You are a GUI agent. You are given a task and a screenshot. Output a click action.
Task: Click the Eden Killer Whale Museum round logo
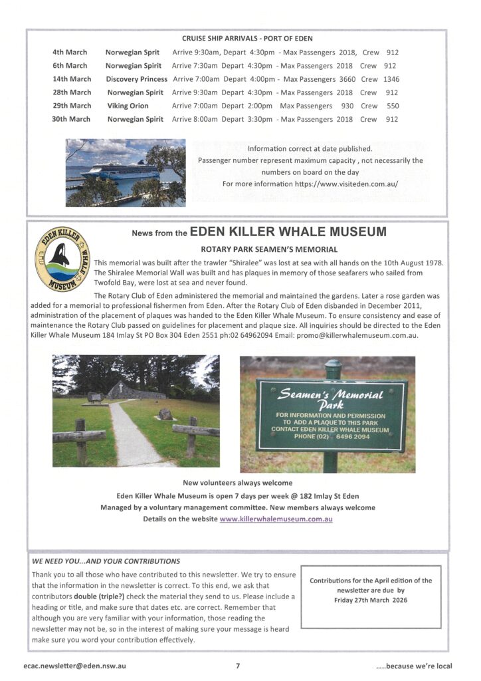[62, 261]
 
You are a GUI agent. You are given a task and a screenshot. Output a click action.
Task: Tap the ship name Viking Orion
[128, 106]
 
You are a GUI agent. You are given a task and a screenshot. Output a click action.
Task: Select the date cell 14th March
[72, 79]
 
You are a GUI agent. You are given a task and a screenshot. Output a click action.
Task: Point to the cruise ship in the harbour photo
[120, 170]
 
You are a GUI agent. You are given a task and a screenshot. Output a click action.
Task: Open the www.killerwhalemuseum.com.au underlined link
[276, 519]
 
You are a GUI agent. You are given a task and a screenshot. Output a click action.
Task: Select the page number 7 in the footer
[238, 664]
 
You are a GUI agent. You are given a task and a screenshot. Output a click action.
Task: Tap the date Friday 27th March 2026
[371, 600]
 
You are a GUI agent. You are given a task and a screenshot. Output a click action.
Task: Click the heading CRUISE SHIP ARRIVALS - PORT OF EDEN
[247, 39]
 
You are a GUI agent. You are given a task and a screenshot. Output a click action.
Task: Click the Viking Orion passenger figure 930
[347, 106]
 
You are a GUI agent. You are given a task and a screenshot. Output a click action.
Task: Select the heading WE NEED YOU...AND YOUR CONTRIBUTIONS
[106, 561]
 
